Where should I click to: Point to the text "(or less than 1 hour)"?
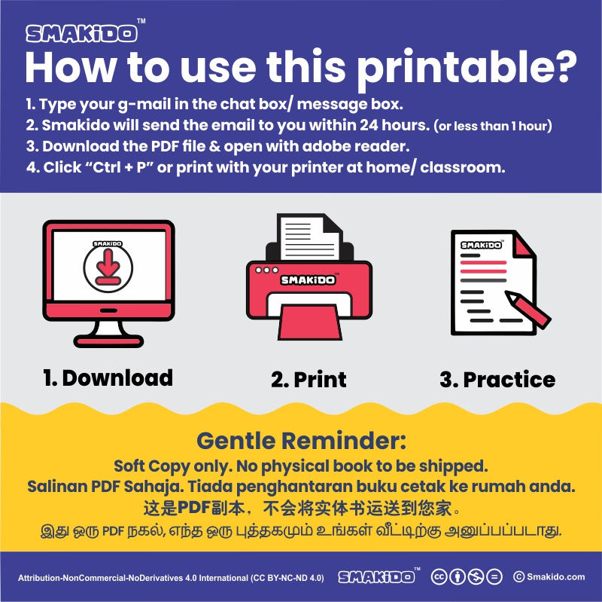tap(493, 126)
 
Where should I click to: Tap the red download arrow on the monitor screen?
tap(108, 267)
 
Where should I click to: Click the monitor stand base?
tap(108, 341)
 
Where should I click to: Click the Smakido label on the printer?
tap(308, 280)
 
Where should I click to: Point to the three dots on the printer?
tap(267, 270)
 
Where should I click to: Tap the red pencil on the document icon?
tap(528, 310)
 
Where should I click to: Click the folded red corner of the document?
tap(523, 246)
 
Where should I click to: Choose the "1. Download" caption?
tap(108, 378)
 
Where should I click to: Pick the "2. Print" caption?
tap(309, 380)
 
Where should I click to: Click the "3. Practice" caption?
tap(497, 380)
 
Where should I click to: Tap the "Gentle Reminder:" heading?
tap(302, 441)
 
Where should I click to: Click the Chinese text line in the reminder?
tap(302, 509)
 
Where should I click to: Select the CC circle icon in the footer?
tap(439, 576)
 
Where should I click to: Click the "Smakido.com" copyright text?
tap(549, 576)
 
